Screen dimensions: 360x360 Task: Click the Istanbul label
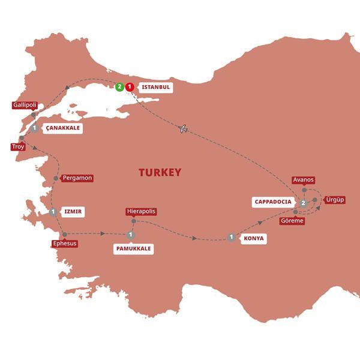click(156, 87)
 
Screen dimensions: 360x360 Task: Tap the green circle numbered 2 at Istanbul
click(120, 87)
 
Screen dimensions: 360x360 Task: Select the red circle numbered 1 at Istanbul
click(130, 87)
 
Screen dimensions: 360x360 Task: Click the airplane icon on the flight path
click(184, 129)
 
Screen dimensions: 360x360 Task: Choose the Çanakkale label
click(62, 128)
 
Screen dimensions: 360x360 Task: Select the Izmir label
click(74, 211)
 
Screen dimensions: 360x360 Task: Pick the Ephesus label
click(65, 244)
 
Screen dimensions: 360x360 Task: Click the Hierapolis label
click(142, 211)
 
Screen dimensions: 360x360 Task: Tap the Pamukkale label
click(133, 248)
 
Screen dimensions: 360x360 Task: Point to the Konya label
click(253, 239)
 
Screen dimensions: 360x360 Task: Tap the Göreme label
click(292, 221)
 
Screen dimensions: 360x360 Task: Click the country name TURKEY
click(160, 172)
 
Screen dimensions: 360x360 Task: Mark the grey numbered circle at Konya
click(231, 238)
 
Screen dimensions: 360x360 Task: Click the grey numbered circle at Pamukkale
click(130, 235)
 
